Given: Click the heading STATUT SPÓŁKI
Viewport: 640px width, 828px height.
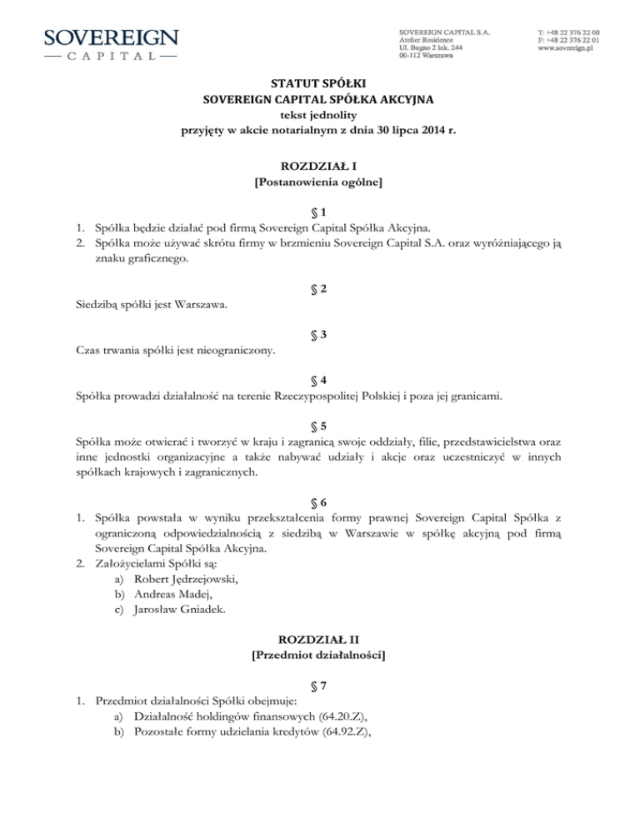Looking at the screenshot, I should [319, 82].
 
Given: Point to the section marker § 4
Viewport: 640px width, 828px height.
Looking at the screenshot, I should [320, 380].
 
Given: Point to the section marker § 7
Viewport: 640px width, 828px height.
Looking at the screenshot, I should [320, 701].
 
